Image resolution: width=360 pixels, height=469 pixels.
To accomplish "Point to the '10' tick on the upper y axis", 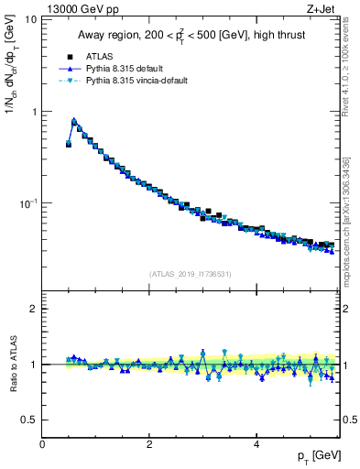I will (30, 19).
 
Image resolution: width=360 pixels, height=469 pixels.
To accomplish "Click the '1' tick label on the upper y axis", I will (33, 111).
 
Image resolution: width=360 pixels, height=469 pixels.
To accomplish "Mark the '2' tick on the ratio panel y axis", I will (34, 309).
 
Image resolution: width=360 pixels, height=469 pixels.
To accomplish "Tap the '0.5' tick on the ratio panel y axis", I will (29, 420).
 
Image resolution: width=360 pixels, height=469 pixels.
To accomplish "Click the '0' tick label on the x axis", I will (43, 443).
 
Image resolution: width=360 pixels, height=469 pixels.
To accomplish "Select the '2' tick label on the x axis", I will (149, 443).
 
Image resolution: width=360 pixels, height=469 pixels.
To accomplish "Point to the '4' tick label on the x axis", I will (256, 443).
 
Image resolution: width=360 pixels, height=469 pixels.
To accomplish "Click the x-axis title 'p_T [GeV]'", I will (315, 456).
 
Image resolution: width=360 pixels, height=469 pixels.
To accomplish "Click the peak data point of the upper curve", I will (73, 121).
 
